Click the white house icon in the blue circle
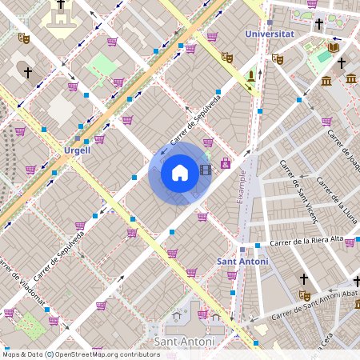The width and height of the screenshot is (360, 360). (180, 172)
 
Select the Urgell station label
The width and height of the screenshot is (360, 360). (78, 150)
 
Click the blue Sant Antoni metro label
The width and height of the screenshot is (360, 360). (242, 262)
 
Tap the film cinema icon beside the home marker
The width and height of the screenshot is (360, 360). (206, 169)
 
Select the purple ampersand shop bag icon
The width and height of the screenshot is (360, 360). (225, 164)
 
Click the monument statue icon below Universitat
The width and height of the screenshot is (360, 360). (251, 77)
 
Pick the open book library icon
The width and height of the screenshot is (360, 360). (334, 48)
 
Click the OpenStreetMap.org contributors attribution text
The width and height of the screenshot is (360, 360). (108, 354)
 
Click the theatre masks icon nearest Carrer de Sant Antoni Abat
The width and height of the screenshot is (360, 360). (304, 294)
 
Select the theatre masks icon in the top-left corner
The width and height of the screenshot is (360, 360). (24, 38)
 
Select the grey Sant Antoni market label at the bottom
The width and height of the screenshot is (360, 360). (185, 342)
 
